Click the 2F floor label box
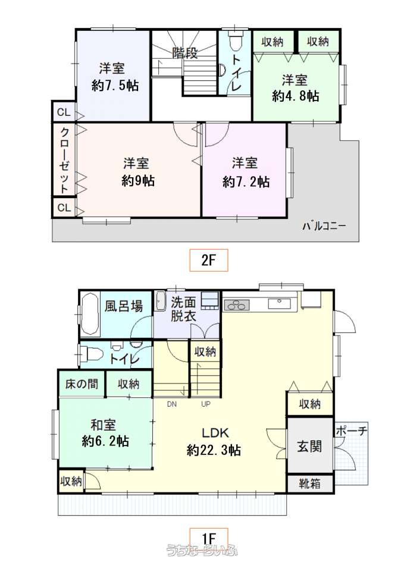(x=209, y=260)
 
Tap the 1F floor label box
(x=209, y=538)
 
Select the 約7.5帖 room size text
(x=115, y=86)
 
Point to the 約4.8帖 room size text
(x=296, y=96)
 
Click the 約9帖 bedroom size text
(x=138, y=180)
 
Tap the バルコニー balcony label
(x=324, y=226)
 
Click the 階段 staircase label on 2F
(x=185, y=53)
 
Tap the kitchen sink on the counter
(x=280, y=303)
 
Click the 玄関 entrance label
(x=309, y=446)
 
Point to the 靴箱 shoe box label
(x=310, y=484)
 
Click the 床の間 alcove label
(x=82, y=384)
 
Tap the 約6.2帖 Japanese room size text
(x=105, y=441)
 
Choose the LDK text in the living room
(x=215, y=433)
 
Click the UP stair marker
(x=206, y=404)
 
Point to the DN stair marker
(x=172, y=404)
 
